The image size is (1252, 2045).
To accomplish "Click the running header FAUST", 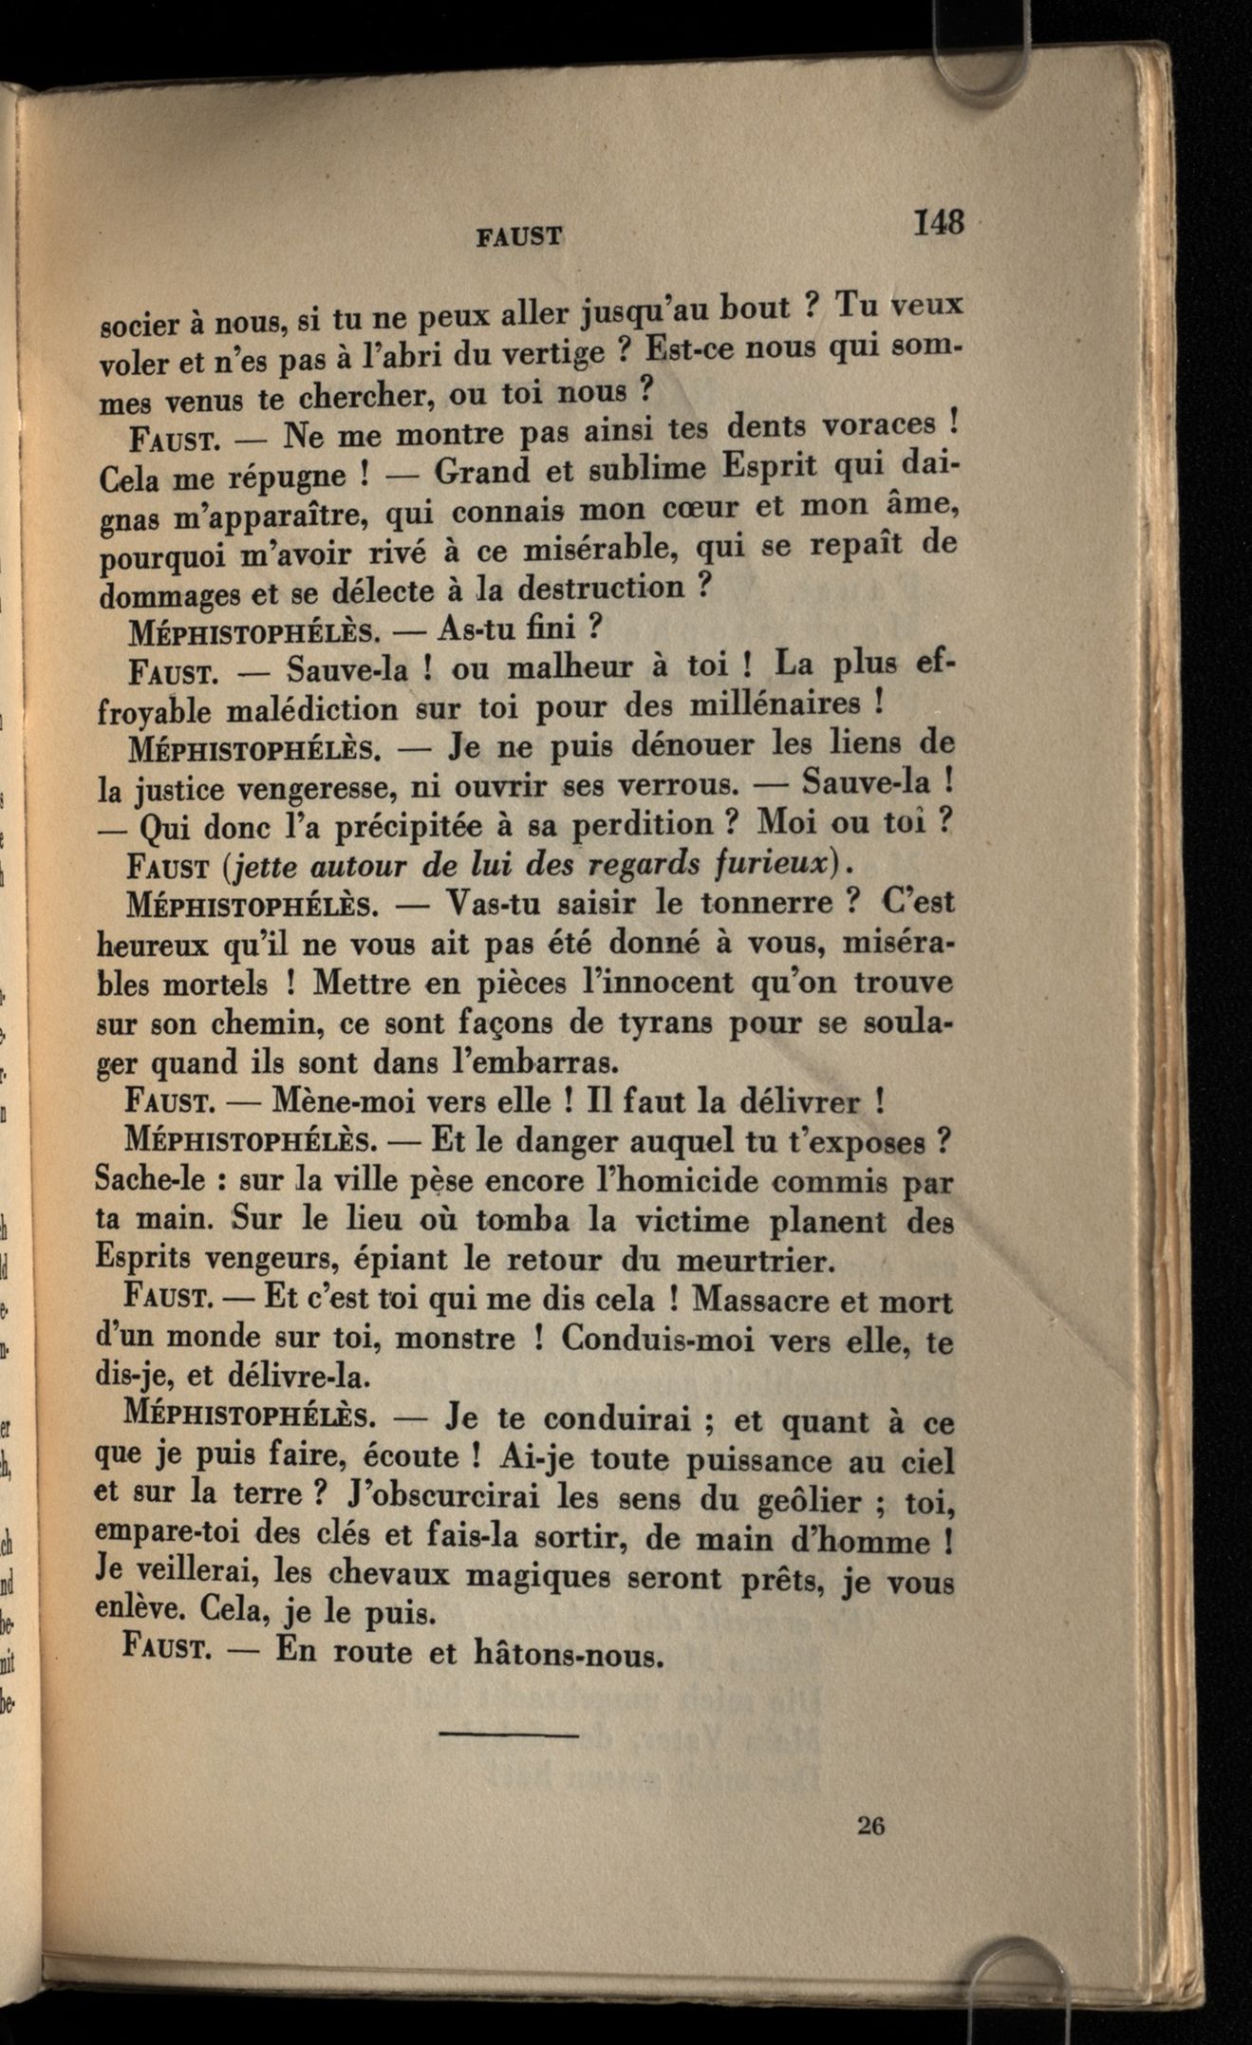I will [x=519, y=236].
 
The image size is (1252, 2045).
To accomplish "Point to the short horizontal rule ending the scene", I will [x=509, y=1737].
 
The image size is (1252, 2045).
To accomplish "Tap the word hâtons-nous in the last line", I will [x=565, y=1657].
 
